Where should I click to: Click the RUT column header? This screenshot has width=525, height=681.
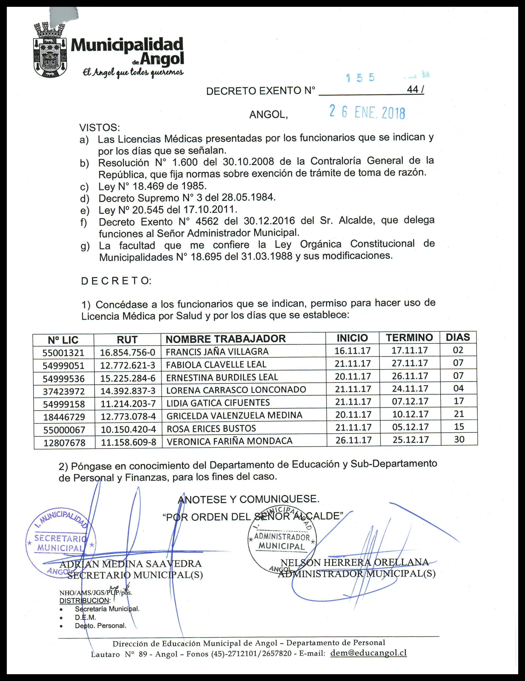[127, 339]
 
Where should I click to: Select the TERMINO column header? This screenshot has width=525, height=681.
[409, 337]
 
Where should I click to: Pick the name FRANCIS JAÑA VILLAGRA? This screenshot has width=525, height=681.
[217, 352]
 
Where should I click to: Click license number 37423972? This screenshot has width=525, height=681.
[64, 391]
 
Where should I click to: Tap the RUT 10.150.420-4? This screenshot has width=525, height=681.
[128, 429]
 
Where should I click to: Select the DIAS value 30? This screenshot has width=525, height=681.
[459, 439]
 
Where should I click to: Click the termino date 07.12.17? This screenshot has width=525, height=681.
[410, 401]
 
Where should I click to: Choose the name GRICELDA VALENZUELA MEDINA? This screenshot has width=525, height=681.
[234, 415]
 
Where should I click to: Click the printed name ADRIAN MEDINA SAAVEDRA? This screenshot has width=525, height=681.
[130, 564]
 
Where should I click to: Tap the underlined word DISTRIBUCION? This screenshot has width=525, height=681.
[84, 601]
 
